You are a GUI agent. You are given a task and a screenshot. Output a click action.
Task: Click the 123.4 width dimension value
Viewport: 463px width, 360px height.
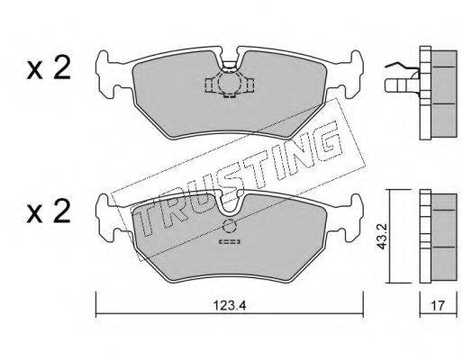230,306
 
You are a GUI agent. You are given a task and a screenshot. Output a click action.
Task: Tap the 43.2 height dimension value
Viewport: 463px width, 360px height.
382,236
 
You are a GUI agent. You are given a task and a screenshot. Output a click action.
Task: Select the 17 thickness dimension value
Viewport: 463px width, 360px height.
438,306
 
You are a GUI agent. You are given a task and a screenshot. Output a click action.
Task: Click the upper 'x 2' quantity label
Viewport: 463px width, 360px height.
49,68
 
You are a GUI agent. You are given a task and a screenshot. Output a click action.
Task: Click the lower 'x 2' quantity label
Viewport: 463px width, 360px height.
49,211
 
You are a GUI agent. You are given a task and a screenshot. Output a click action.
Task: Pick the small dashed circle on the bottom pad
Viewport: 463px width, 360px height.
230,226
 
